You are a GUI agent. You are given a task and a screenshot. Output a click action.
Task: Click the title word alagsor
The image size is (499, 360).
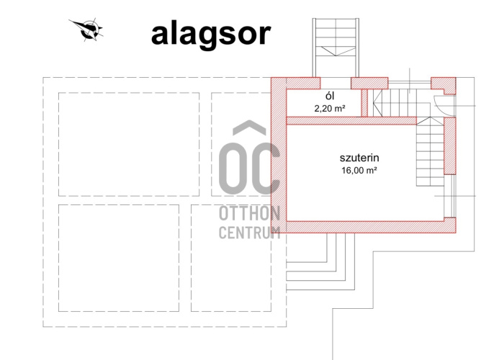pyautogui.click(x=211, y=35)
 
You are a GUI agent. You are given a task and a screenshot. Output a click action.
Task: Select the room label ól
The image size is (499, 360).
pyautogui.click(x=330, y=96)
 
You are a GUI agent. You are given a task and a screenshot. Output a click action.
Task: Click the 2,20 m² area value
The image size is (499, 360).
pyautogui.click(x=330, y=109)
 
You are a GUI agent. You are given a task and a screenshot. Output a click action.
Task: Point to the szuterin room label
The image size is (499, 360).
pyautogui.click(x=359, y=158)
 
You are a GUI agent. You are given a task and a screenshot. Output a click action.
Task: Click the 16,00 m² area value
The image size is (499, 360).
pyautogui.click(x=359, y=171)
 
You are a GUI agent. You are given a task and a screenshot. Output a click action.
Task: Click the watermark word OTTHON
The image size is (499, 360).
pyautogui.click(x=249, y=213)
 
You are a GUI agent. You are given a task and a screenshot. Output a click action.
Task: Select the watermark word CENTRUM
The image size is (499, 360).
pyautogui.click(x=249, y=233)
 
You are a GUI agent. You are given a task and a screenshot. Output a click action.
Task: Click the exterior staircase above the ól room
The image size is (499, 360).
pyautogui.click(x=336, y=48)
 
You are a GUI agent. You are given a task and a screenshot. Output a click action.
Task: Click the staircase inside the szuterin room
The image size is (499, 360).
pyautogui.click(x=430, y=151)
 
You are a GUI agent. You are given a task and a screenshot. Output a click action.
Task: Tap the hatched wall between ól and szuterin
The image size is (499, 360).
pyautogui.click(x=351, y=121)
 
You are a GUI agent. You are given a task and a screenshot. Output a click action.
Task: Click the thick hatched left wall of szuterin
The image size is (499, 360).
pyautogui.click(x=279, y=155)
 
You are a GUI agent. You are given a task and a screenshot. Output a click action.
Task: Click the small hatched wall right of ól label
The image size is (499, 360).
pyautogui.click(x=364, y=103)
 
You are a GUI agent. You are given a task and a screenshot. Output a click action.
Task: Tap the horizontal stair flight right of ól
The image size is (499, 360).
pyautogui.click(x=395, y=103)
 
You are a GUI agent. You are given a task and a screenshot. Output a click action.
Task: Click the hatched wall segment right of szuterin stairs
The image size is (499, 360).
pyautogui.click(x=450, y=145)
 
